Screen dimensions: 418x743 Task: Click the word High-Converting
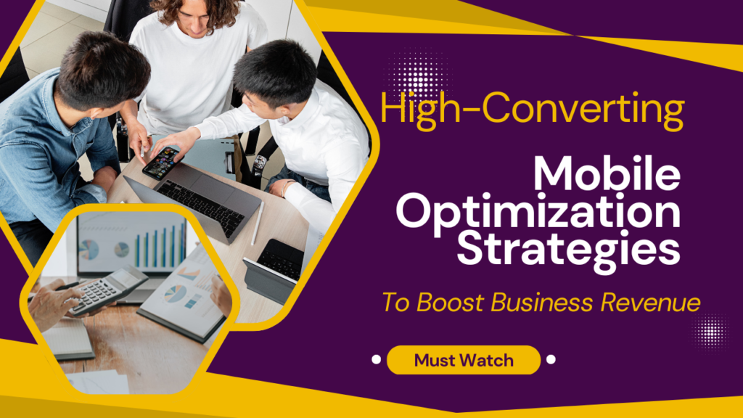click(x=532, y=110)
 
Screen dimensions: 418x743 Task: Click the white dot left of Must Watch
click(x=376, y=359)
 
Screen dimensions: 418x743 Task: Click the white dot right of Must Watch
click(x=551, y=359)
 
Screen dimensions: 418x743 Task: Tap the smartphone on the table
click(x=162, y=163)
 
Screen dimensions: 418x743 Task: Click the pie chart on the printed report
click(x=175, y=294)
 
